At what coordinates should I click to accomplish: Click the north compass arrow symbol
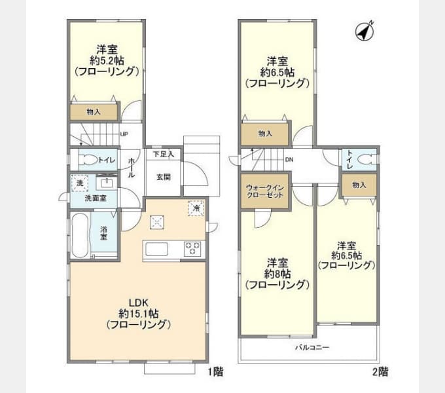click(x=364, y=30)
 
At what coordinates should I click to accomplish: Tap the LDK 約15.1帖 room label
click(x=139, y=314)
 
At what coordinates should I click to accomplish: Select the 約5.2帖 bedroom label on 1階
click(x=107, y=60)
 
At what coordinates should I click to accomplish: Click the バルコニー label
click(x=311, y=346)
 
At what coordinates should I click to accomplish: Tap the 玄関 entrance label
click(x=163, y=176)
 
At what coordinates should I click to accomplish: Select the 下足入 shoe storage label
click(x=163, y=155)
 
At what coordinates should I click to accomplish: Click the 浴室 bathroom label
click(x=104, y=233)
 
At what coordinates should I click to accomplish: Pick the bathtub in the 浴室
click(x=80, y=235)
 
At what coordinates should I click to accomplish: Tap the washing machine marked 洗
click(x=79, y=183)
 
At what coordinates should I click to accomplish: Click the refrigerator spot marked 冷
click(x=196, y=207)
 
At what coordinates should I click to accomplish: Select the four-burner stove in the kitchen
click(x=193, y=248)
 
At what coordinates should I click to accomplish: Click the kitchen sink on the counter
click(x=157, y=249)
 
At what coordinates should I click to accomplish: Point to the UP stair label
click(x=124, y=136)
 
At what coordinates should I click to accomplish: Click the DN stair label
click(x=289, y=160)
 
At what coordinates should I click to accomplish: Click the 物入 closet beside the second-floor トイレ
click(x=359, y=185)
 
